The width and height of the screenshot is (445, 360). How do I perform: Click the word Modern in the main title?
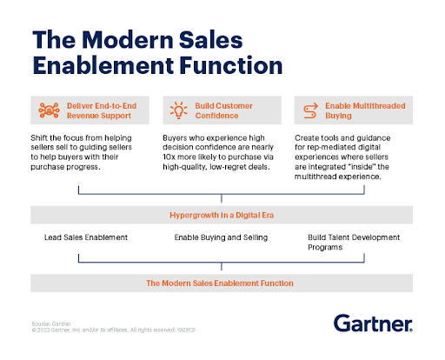click(128, 40)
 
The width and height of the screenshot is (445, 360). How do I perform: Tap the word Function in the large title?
click(231, 65)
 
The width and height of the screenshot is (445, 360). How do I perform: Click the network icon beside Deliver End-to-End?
click(49, 110)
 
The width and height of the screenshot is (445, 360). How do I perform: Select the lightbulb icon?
click(178, 110)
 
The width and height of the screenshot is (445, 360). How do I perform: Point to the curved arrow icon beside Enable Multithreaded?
click(310, 110)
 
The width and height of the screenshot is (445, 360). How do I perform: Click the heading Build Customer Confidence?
click(223, 110)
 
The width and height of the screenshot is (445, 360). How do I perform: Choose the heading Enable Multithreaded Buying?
click(365, 110)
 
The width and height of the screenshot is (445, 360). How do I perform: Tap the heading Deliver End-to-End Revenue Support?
click(102, 110)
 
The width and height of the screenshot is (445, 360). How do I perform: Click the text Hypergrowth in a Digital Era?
click(222, 215)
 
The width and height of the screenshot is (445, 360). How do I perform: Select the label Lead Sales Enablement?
click(86, 237)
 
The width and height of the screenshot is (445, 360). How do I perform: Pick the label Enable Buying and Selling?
click(221, 237)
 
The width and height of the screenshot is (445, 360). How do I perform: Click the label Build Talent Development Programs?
click(354, 243)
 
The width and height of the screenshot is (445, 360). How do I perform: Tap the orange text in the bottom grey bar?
click(220, 283)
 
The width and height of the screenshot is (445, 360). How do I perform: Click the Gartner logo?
click(373, 323)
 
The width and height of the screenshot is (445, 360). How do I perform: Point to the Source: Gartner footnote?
click(51, 323)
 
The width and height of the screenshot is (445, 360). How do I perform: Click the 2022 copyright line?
click(114, 330)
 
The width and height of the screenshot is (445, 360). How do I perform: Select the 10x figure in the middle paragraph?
click(169, 157)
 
